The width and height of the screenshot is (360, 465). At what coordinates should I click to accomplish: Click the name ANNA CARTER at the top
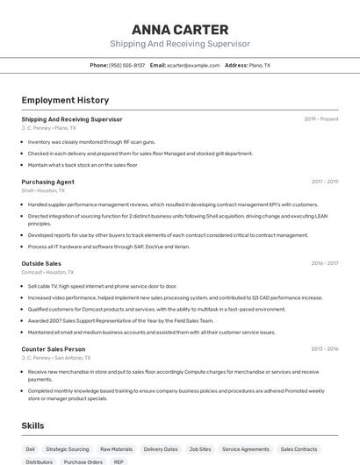[x=180, y=29]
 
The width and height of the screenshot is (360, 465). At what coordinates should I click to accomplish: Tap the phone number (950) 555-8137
[x=126, y=65]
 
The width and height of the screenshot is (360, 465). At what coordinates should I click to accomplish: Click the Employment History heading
[x=65, y=100]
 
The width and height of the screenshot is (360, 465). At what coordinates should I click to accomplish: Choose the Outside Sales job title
[x=41, y=263]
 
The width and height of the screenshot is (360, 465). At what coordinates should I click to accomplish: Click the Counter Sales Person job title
[x=53, y=349]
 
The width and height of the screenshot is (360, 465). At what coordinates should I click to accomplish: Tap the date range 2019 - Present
[x=321, y=119]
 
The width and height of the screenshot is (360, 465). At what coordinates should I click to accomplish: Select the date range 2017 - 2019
[x=325, y=182]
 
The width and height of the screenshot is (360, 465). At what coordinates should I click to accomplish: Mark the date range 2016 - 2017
[x=325, y=263]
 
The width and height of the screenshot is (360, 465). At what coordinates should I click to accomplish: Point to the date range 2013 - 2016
[x=325, y=349]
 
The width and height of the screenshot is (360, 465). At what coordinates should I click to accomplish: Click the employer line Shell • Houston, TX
[x=43, y=190]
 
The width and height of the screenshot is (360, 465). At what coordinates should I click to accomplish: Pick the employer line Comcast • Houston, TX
[x=47, y=272]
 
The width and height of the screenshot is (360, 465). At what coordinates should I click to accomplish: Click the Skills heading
[x=33, y=426]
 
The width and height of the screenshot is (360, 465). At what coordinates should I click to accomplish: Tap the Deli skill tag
[x=31, y=448]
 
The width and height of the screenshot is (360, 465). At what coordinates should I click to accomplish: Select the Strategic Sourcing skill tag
[x=68, y=448]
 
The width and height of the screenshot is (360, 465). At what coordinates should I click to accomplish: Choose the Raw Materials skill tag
[x=116, y=448]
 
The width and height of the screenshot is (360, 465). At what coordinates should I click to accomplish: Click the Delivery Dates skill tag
[x=161, y=448]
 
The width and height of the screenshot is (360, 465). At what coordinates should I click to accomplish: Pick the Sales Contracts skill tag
[x=300, y=448]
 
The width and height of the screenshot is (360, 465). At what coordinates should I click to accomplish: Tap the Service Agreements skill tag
[x=246, y=448]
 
